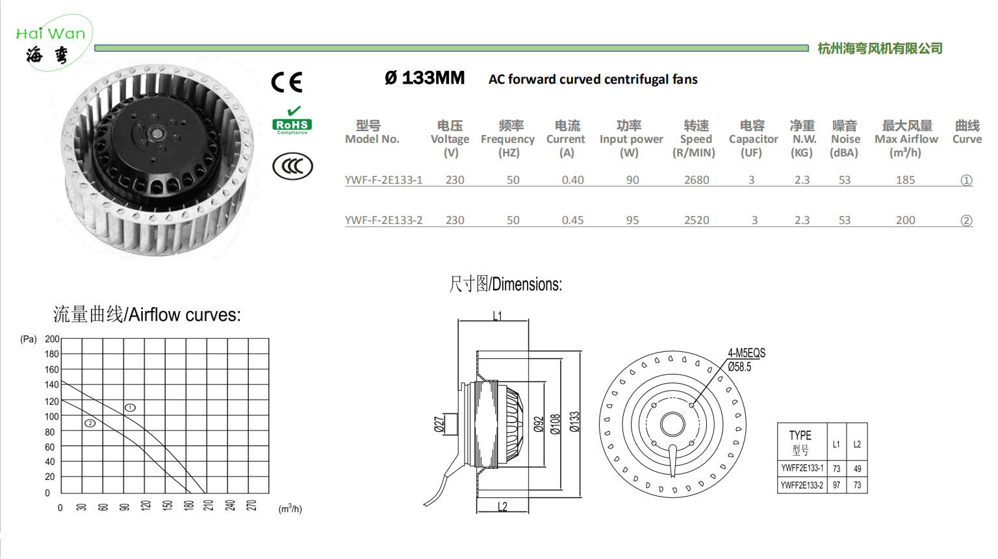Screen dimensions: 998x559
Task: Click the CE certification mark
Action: [x=287, y=82]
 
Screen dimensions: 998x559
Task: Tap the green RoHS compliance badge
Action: [x=292, y=121]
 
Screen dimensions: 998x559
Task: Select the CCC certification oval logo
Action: [x=293, y=166]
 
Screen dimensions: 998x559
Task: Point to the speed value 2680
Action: [x=697, y=180]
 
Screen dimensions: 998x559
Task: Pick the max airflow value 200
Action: [x=905, y=220]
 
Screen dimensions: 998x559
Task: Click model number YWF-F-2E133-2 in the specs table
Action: [x=383, y=220]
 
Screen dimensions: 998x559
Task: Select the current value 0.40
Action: [x=572, y=180]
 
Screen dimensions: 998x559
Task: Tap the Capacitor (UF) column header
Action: [x=753, y=139]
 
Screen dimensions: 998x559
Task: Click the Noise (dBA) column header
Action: [x=845, y=139]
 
